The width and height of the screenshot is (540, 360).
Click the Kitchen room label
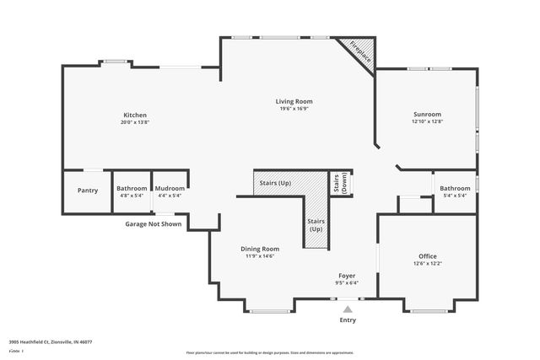[135, 116]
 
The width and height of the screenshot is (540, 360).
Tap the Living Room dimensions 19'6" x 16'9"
[295, 108]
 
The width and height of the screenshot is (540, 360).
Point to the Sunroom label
[427, 115]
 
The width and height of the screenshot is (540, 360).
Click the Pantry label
[88, 190]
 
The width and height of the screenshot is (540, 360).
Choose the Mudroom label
[170, 188]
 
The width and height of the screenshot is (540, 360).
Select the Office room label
[428, 255]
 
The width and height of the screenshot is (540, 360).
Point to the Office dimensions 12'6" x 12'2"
[428, 263]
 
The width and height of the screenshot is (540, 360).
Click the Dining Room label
[261, 249]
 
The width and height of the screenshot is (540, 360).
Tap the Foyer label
[347, 275]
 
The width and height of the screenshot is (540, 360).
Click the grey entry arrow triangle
[347, 309]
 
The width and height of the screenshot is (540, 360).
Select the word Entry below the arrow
[348, 320]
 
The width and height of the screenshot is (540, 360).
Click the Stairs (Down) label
[340, 183]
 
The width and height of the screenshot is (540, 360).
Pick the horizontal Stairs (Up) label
[275, 182]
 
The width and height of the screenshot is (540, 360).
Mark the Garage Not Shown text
[154, 224]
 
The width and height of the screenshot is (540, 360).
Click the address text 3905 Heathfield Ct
[51, 342]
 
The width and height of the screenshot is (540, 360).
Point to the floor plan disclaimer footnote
[269, 352]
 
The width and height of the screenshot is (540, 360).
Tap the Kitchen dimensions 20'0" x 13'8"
[135, 123]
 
